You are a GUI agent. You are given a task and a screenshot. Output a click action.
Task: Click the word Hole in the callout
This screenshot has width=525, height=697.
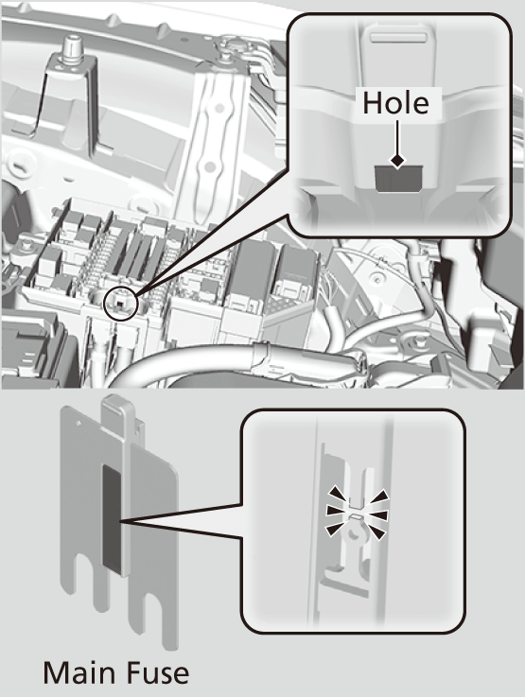click(396, 103)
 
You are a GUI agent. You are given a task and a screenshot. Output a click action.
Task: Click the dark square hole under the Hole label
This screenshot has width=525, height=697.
click(396, 175)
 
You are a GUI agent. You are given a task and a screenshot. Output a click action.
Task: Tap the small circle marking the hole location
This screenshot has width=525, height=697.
click(120, 303)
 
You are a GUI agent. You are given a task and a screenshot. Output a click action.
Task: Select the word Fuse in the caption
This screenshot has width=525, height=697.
click(154, 672)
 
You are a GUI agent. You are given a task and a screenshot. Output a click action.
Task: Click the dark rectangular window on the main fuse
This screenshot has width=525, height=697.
click(110, 518)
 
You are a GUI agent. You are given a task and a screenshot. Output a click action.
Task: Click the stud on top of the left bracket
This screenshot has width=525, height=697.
click(71, 45)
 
